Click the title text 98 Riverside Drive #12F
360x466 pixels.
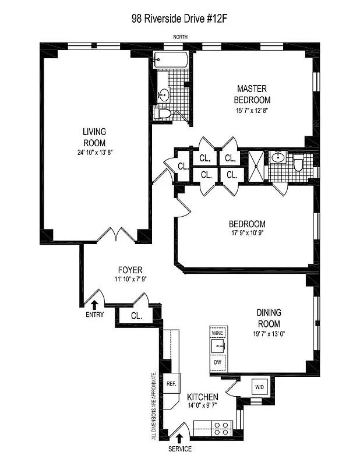click(179, 19)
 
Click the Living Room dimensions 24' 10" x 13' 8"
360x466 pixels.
click(94, 153)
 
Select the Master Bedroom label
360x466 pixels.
click(252, 94)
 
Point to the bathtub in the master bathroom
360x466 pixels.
click(171, 60)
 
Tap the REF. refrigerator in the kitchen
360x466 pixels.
click(171, 384)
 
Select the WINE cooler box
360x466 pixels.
click(217, 333)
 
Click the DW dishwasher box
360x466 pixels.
click(217, 362)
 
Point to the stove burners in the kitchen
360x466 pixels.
click(221, 429)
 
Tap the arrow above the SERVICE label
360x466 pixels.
click(179, 438)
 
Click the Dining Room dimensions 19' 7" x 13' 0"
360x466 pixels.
click(269, 334)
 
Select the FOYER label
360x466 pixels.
click(130, 270)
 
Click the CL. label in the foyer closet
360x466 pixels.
click(137, 316)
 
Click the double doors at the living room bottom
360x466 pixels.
click(117, 235)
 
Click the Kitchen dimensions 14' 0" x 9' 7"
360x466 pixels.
click(203, 405)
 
